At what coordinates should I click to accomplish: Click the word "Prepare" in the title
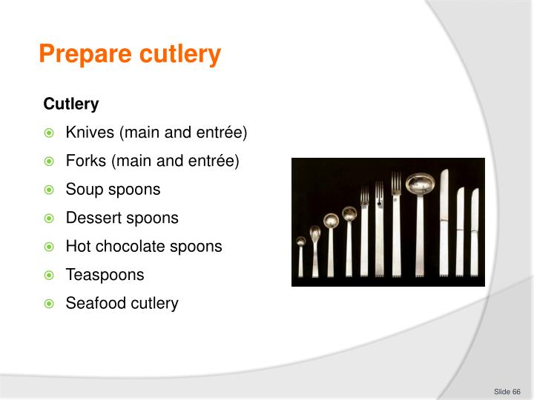(81, 54)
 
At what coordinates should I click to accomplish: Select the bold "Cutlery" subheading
(71, 104)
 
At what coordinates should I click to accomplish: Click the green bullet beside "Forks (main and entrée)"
(49, 161)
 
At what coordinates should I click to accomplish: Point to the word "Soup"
(82, 189)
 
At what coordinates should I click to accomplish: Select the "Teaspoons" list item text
(105, 275)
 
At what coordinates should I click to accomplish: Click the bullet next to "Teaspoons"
(49, 276)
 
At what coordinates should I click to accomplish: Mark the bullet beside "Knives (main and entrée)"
(49, 133)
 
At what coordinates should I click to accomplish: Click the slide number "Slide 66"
(507, 390)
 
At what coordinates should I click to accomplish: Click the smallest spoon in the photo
(301, 256)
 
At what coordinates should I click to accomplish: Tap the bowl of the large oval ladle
(420, 182)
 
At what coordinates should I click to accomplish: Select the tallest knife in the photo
(444, 222)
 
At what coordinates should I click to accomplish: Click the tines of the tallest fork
(396, 182)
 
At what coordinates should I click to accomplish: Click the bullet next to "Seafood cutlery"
(49, 304)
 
